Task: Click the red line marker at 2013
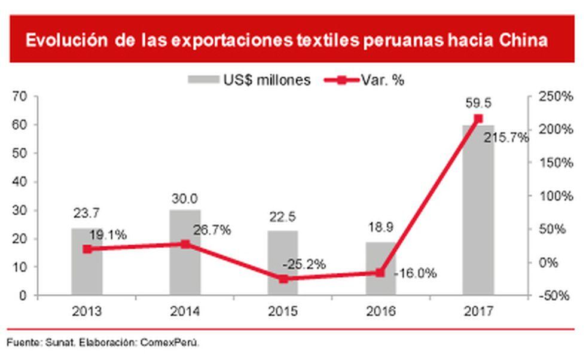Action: click(87, 249)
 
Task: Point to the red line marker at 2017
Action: click(478, 118)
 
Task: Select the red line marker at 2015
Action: click(283, 279)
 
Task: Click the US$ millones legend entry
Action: click(249, 80)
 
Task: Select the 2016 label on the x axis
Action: click(381, 312)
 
